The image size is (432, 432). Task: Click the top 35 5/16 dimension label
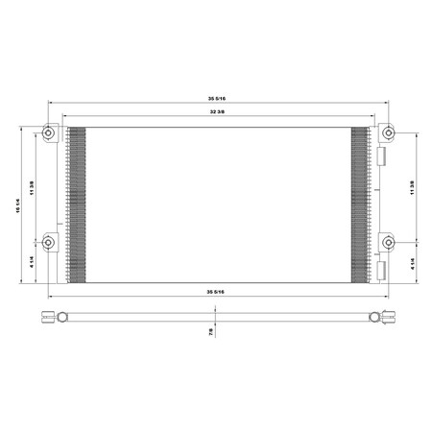pos(216,99)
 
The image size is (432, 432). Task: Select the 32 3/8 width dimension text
pos(216,113)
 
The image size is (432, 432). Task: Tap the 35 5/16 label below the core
pos(216,289)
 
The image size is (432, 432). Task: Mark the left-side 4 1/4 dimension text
pos(34,261)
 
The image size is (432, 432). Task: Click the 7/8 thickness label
pos(211,332)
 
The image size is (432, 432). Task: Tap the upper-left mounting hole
pos(50,132)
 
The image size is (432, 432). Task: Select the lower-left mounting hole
pos(50,241)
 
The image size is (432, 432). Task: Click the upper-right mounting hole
pos(387,132)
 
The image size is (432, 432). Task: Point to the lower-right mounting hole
pos(387,241)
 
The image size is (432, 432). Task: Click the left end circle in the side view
pos(60,318)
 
